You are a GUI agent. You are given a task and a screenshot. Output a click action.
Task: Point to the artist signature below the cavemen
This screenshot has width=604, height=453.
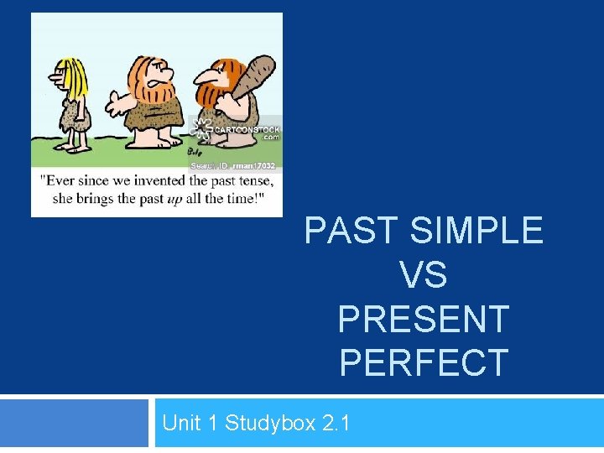click(x=195, y=152)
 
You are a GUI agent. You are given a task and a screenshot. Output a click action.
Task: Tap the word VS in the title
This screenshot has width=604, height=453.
click(x=424, y=274)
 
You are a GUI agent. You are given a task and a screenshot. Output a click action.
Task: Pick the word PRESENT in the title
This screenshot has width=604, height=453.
click(x=424, y=319)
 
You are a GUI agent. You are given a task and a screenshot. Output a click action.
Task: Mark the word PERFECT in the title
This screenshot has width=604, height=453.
click(x=424, y=362)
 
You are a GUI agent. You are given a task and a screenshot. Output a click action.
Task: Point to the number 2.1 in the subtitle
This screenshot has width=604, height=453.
click(x=336, y=423)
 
